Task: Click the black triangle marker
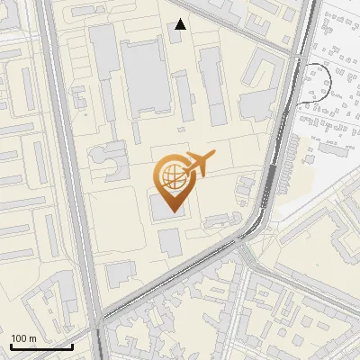coord(181,24)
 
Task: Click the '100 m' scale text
coord(23,337)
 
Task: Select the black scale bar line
coord(41,346)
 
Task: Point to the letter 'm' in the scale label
coord(32,337)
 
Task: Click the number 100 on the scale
coord(19,337)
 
